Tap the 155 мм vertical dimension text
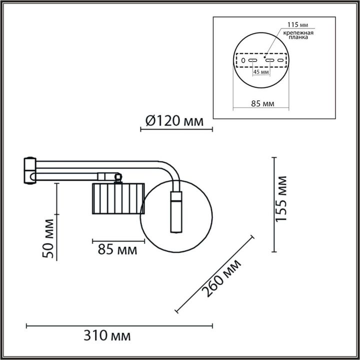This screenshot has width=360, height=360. coord(283,198)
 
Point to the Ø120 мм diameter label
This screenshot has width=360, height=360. coord(174,121)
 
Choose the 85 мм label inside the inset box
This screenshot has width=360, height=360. coord(261,104)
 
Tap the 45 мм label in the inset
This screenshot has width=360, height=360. coord(261,72)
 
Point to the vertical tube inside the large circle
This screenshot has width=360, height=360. coord(176,212)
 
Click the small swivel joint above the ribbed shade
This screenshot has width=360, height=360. coord(118,177)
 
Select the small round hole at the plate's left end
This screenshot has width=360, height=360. coord(243,60)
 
